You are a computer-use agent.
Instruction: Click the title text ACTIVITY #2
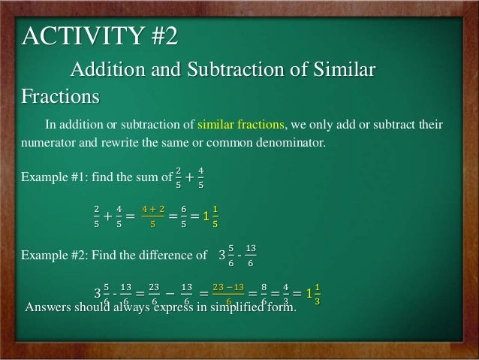point(101,36)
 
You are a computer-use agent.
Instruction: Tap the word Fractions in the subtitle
point(60,98)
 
